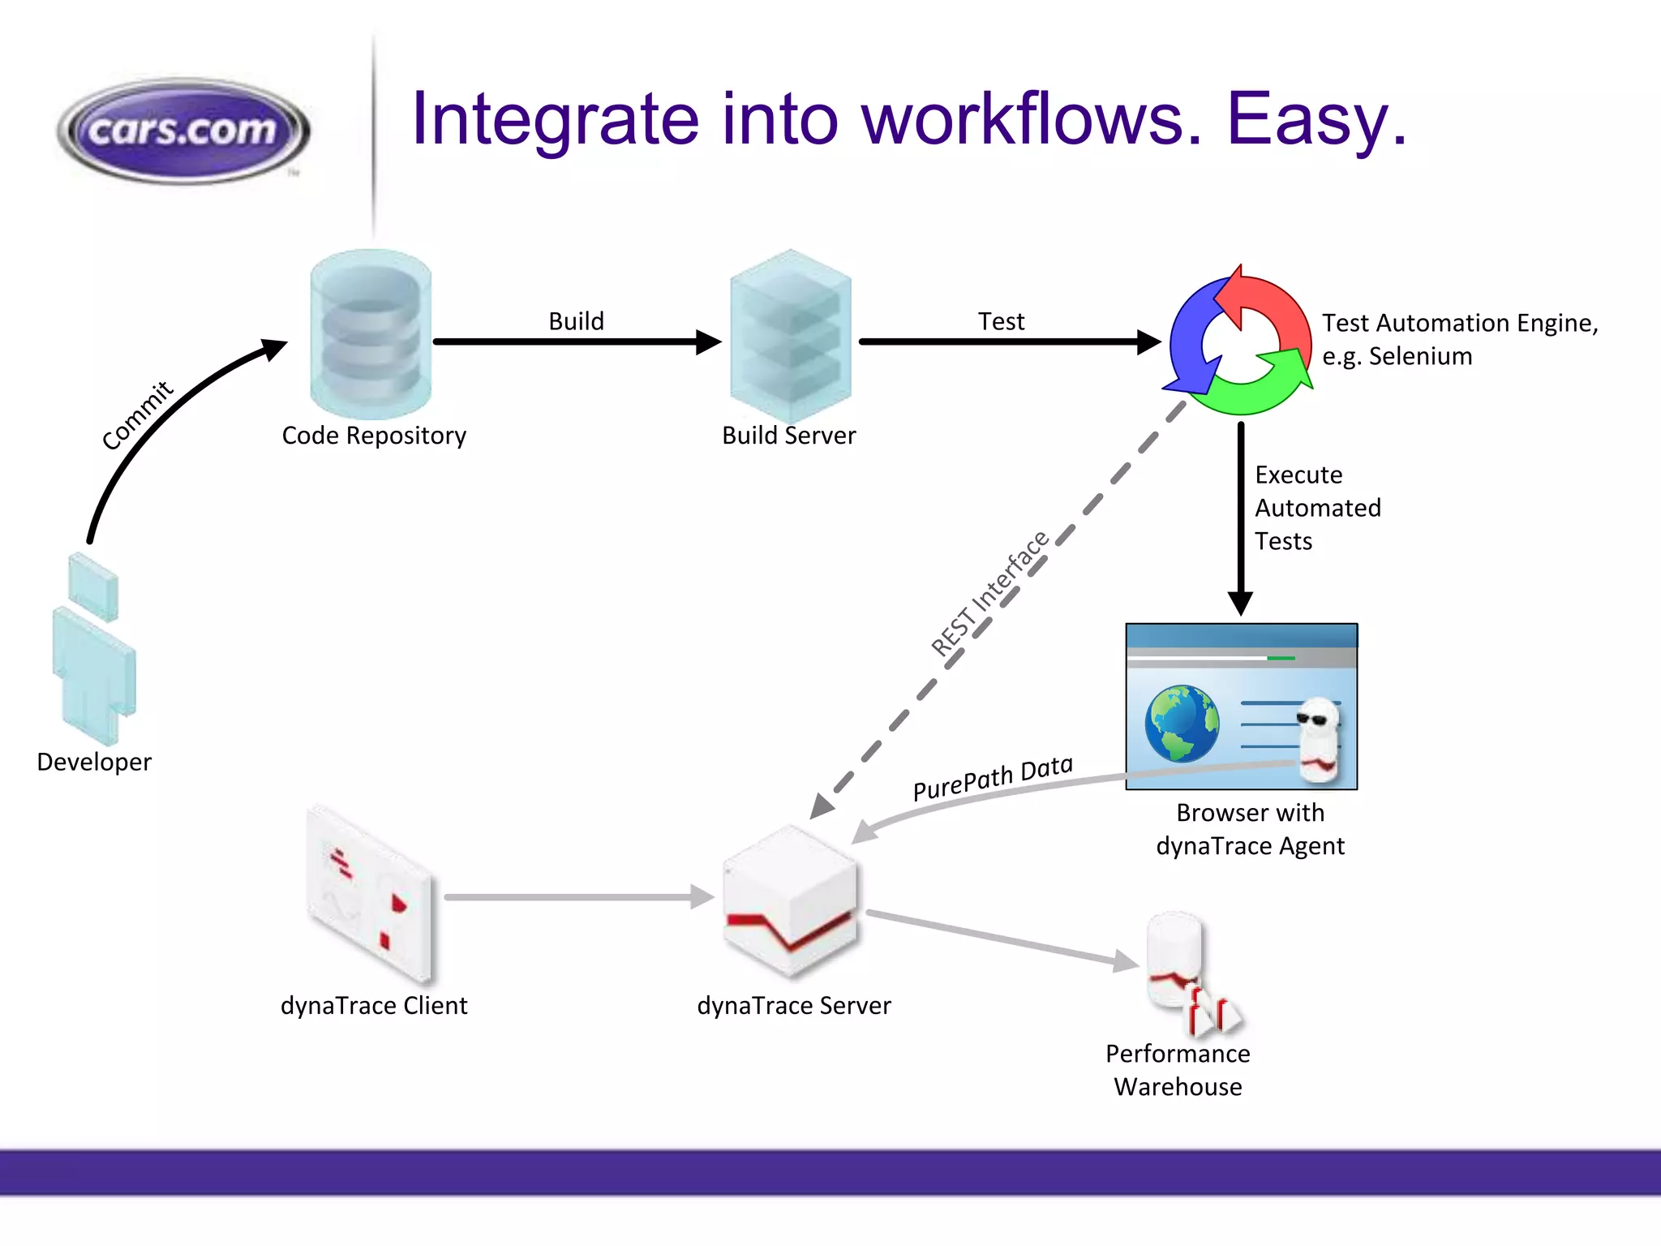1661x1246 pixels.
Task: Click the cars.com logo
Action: [x=183, y=130]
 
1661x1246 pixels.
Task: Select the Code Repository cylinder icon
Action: [x=371, y=334]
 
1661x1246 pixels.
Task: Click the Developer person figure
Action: [x=93, y=649]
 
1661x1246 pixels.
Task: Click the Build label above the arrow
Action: [x=576, y=321]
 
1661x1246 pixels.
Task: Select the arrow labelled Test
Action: [x=1006, y=342]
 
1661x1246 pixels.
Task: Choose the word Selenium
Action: [x=1420, y=356]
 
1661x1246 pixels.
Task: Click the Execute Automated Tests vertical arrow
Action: [x=1240, y=519]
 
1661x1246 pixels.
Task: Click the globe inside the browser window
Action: [x=1182, y=724]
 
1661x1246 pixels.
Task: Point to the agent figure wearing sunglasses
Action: [x=1318, y=738]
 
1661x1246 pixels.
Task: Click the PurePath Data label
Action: [x=992, y=777]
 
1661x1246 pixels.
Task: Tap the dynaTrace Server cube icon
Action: [x=789, y=900]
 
